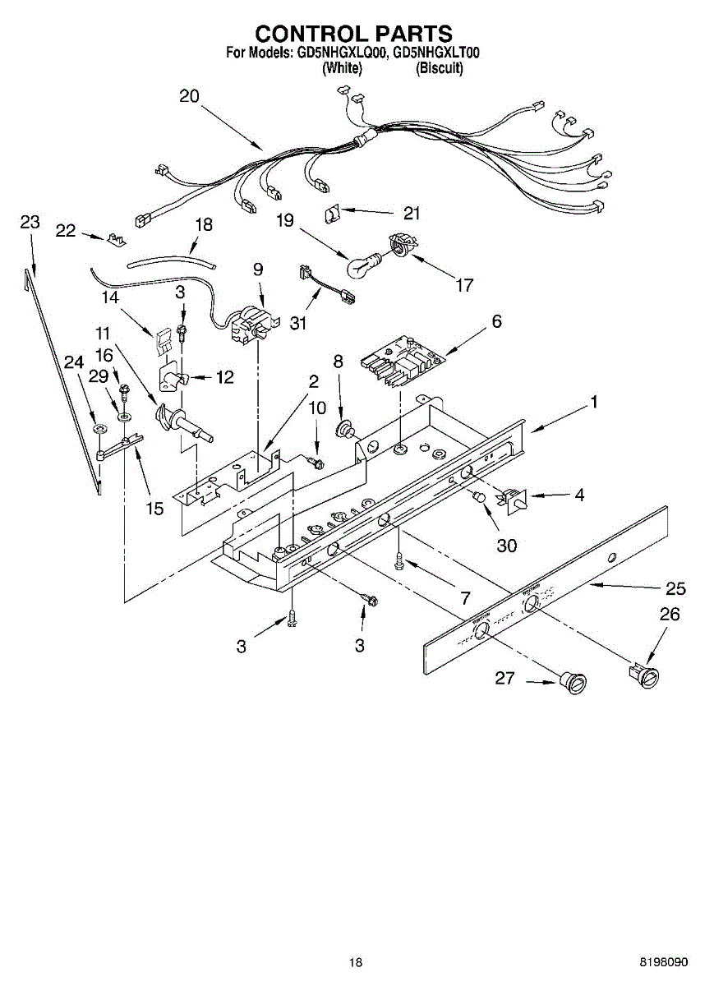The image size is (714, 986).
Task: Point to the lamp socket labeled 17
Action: pyautogui.click(x=400, y=246)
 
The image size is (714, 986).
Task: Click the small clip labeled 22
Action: pyautogui.click(x=116, y=239)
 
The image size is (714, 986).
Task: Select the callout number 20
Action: pyautogui.click(x=189, y=96)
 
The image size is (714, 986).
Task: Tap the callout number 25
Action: pyautogui.click(x=675, y=588)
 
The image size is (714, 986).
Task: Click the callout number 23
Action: pyautogui.click(x=30, y=222)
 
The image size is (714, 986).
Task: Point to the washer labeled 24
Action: pyautogui.click(x=99, y=429)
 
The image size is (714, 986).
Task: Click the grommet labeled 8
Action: pyautogui.click(x=348, y=428)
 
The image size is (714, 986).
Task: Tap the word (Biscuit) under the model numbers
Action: pyautogui.click(x=440, y=68)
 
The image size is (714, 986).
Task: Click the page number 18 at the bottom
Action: pyautogui.click(x=355, y=961)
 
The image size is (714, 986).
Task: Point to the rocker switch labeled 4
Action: pyautogui.click(x=511, y=499)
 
